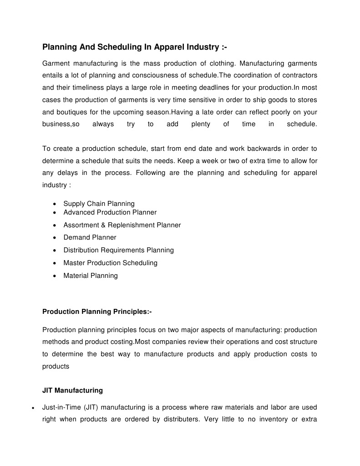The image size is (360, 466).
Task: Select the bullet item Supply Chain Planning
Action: [99, 204]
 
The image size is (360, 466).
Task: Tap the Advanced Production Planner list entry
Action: [110, 212]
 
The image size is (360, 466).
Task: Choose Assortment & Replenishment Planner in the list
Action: [122, 225]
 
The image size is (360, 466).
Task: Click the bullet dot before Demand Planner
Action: [55, 238]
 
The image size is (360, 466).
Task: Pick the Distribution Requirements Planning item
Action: [118, 250]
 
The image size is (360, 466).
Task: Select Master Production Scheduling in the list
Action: [110, 263]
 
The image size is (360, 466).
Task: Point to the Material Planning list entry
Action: [90, 276]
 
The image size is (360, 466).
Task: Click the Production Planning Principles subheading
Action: [97, 312]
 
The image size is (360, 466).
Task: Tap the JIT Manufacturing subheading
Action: [72, 390]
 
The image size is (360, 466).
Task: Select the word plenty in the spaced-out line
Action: [201, 124]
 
